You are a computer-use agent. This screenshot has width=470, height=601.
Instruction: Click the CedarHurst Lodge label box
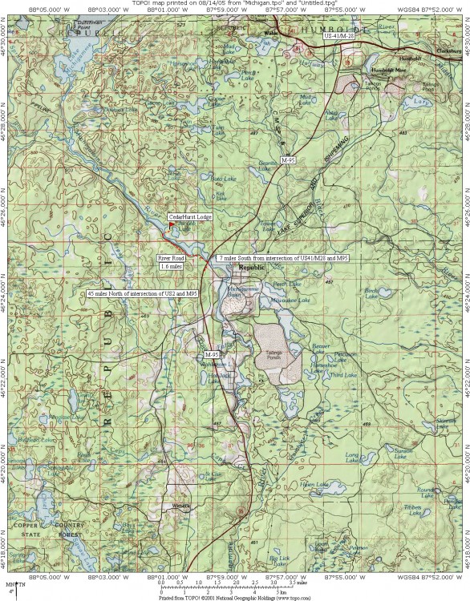click(x=190, y=217)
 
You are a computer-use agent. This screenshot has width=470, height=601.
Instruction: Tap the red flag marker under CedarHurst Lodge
click(x=169, y=226)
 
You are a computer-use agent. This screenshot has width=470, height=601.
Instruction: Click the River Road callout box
click(x=172, y=259)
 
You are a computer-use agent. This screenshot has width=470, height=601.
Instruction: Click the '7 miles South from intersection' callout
click(x=283, y=258)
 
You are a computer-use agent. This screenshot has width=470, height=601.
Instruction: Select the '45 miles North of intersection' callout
click(x=142, y=294)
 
